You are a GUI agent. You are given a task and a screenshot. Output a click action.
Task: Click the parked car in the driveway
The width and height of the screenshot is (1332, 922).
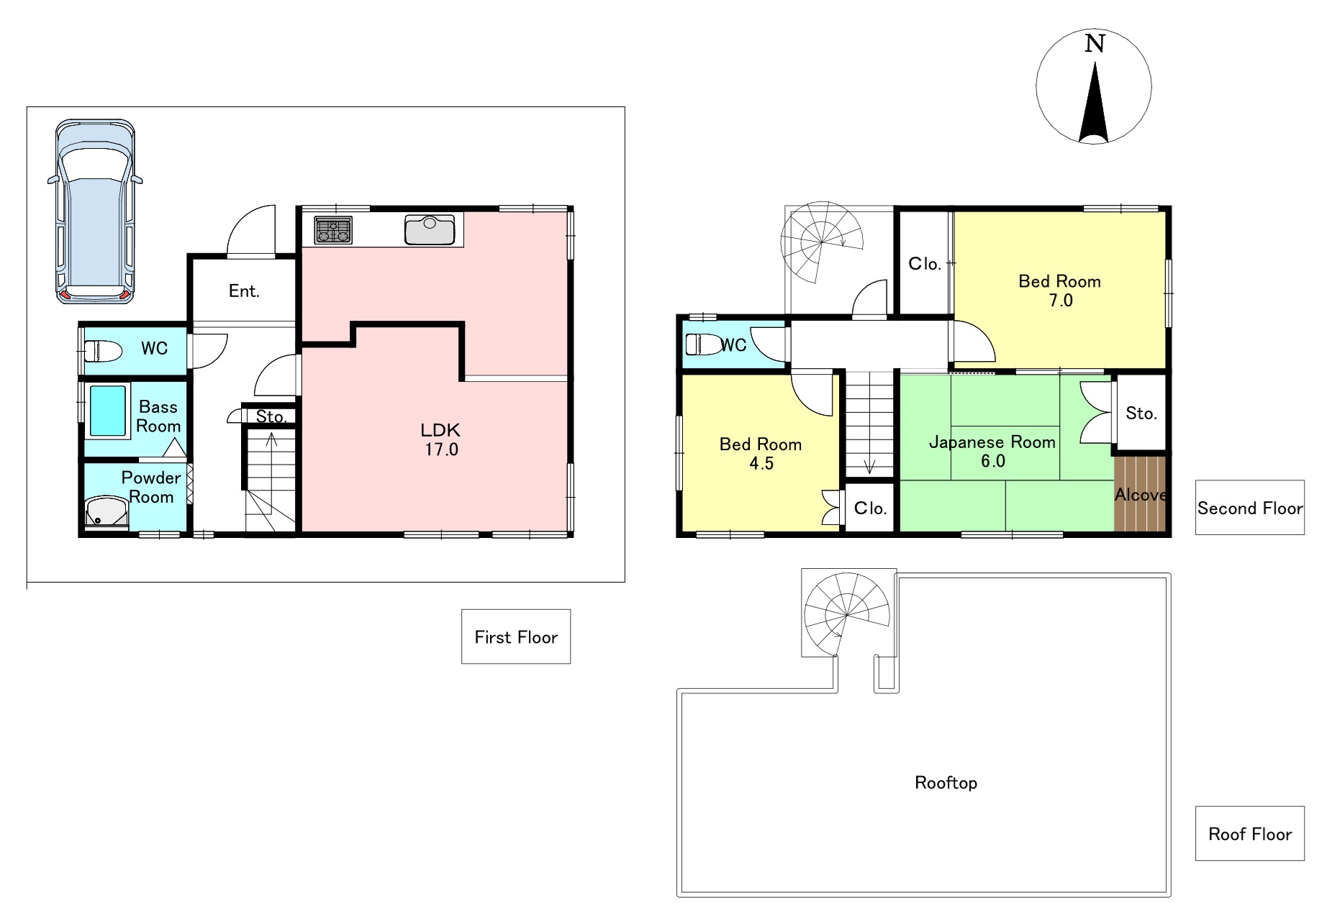95,211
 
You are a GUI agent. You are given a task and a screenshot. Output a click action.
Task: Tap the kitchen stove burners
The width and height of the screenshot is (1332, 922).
333,230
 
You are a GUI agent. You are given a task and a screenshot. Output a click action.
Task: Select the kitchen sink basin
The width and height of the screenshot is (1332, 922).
430,230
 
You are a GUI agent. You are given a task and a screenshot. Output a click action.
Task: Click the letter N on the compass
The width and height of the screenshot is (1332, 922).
1095,44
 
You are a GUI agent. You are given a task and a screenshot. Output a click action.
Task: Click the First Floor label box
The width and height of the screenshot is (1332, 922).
516,636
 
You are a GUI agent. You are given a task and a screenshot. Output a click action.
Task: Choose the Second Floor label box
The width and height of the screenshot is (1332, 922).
1250,508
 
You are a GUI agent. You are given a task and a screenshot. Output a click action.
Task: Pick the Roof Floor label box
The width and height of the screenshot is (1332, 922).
1250,834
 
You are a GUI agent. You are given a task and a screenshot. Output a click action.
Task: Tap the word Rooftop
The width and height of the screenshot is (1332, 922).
946,782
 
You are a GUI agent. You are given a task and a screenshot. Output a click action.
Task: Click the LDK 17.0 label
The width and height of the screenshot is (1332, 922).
440,439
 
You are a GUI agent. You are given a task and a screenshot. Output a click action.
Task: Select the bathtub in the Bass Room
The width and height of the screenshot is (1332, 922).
107,411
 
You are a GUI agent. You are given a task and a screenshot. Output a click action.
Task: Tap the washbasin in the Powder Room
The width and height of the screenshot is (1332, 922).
107,513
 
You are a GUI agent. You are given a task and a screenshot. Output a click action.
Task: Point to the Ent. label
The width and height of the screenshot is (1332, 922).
244,291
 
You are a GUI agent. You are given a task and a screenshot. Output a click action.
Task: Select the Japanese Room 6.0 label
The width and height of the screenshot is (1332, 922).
992,451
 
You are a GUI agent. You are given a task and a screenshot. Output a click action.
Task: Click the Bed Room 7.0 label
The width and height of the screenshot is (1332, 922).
1060,291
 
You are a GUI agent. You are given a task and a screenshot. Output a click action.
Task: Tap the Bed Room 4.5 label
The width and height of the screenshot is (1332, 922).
761,453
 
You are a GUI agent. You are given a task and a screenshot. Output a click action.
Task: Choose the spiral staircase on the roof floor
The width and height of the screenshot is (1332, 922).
848,614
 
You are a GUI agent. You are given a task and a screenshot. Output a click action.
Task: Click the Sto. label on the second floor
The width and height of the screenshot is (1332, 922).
1141,413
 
